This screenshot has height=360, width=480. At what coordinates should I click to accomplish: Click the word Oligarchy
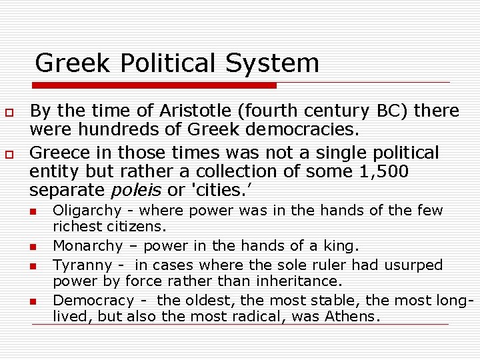[x=87, y=211]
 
